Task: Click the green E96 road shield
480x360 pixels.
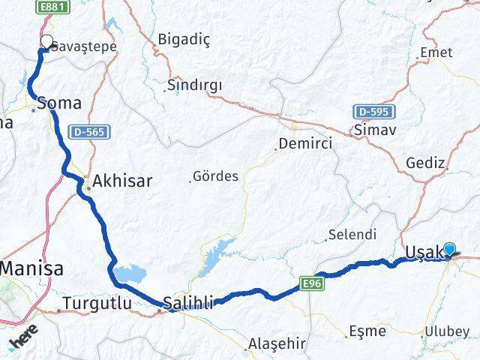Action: (x=313, y=283)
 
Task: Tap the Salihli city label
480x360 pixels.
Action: (x=189, y=303)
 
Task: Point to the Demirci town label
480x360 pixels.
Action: (x=301, y=142)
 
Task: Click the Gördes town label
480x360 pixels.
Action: (x=215, y=177)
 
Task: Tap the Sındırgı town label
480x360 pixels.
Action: (x=195, y=85)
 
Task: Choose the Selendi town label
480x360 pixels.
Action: (x=352, y=235)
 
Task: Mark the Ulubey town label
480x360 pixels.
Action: (x=447, y=331)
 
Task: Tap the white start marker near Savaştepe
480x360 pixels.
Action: (x=47, y=43)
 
